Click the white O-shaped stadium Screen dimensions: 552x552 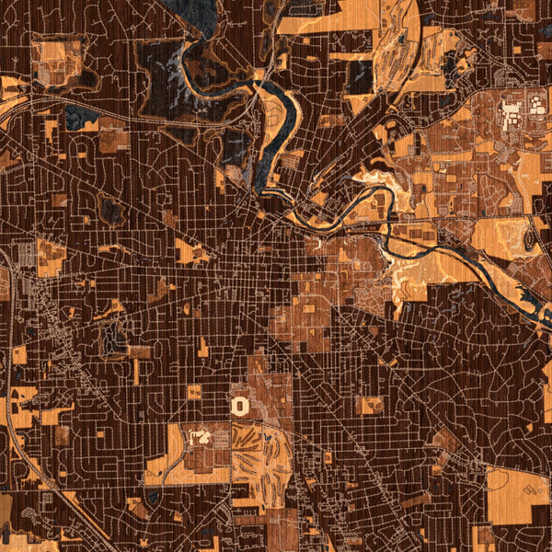(x=240, y=405)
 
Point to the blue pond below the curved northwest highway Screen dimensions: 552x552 (x=80, y=116)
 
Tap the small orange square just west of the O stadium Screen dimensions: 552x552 (x=194, y=393)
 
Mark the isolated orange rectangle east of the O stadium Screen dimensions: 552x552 (x=369, y=405)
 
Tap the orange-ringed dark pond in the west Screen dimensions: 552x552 (x=112, y=340)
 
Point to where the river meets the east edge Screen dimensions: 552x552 (x=547, y=322)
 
